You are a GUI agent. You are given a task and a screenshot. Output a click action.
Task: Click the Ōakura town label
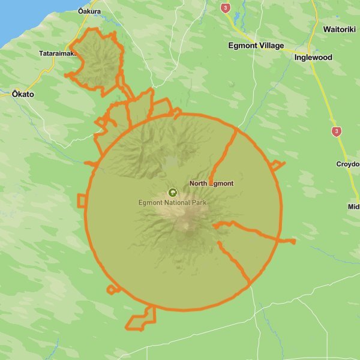89,11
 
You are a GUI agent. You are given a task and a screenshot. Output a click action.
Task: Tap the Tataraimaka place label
58,53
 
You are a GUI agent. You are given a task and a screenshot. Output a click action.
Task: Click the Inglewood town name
313,58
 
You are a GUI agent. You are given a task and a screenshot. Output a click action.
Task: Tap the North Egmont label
211,183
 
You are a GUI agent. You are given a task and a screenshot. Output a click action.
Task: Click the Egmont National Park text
172,203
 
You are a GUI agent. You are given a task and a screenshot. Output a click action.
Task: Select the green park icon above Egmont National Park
173,193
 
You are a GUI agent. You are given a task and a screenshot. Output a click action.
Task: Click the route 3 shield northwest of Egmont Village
225,8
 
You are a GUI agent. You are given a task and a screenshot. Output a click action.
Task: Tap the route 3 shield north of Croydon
337,131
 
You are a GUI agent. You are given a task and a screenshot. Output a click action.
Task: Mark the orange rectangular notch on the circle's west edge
82,200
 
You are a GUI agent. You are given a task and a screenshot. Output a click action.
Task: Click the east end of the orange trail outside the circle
293,241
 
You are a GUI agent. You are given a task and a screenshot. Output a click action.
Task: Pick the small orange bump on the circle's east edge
277,165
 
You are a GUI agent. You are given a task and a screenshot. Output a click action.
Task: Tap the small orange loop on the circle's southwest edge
112,289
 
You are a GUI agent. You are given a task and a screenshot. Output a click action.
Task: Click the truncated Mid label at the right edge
353,207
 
